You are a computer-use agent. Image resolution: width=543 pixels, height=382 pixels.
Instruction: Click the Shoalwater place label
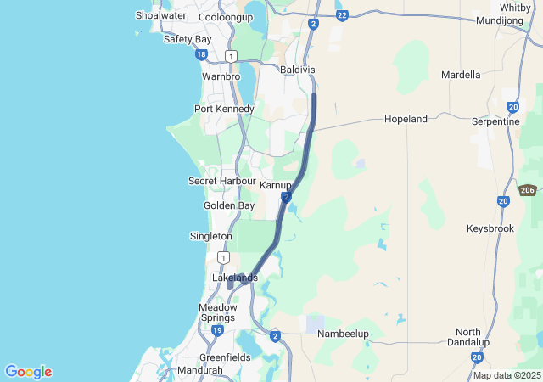161,15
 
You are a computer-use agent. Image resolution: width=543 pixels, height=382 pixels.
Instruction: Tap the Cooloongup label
225,17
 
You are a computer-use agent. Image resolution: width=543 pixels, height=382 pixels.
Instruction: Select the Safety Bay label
188,39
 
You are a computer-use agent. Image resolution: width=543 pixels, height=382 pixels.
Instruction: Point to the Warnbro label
221,76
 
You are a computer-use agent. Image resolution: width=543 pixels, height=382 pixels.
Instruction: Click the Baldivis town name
296,69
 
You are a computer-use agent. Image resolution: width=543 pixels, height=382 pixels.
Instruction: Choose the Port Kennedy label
224,109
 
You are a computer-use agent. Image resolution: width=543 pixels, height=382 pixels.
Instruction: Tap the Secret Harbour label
221,181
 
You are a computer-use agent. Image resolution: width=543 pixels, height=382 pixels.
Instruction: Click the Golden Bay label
229,205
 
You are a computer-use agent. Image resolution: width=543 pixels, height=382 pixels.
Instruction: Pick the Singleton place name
210,235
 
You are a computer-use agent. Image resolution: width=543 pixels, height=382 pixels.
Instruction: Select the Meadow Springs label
218,312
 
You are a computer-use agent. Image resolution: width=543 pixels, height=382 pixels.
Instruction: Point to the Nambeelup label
343,334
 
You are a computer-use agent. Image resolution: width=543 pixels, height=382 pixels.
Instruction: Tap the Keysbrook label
490,228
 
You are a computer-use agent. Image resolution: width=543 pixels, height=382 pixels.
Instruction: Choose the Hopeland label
406,119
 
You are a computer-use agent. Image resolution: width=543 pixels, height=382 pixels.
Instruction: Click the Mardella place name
461,75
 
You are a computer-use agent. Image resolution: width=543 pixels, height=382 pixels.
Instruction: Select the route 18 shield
200,54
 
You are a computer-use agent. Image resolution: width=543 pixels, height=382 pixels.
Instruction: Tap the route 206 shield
528,190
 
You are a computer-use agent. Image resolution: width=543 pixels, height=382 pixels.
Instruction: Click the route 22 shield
341,15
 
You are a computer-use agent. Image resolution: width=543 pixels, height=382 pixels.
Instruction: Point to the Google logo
28,372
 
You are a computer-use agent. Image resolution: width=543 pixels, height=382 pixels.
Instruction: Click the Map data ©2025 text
507,375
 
